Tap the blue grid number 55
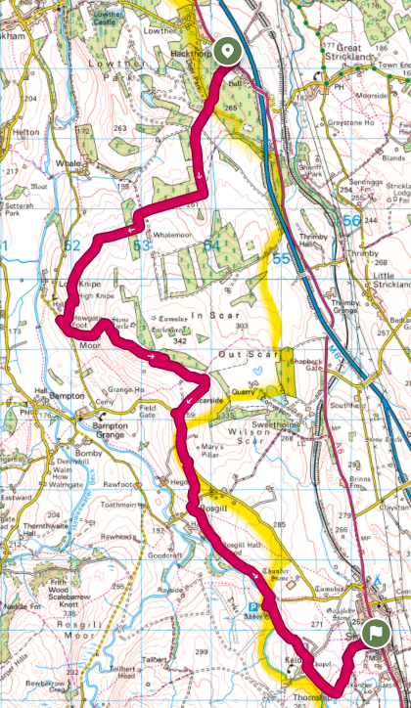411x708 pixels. coord(282,258)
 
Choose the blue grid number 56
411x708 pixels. coord(352,222)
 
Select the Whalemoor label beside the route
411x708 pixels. coord(171,234)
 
